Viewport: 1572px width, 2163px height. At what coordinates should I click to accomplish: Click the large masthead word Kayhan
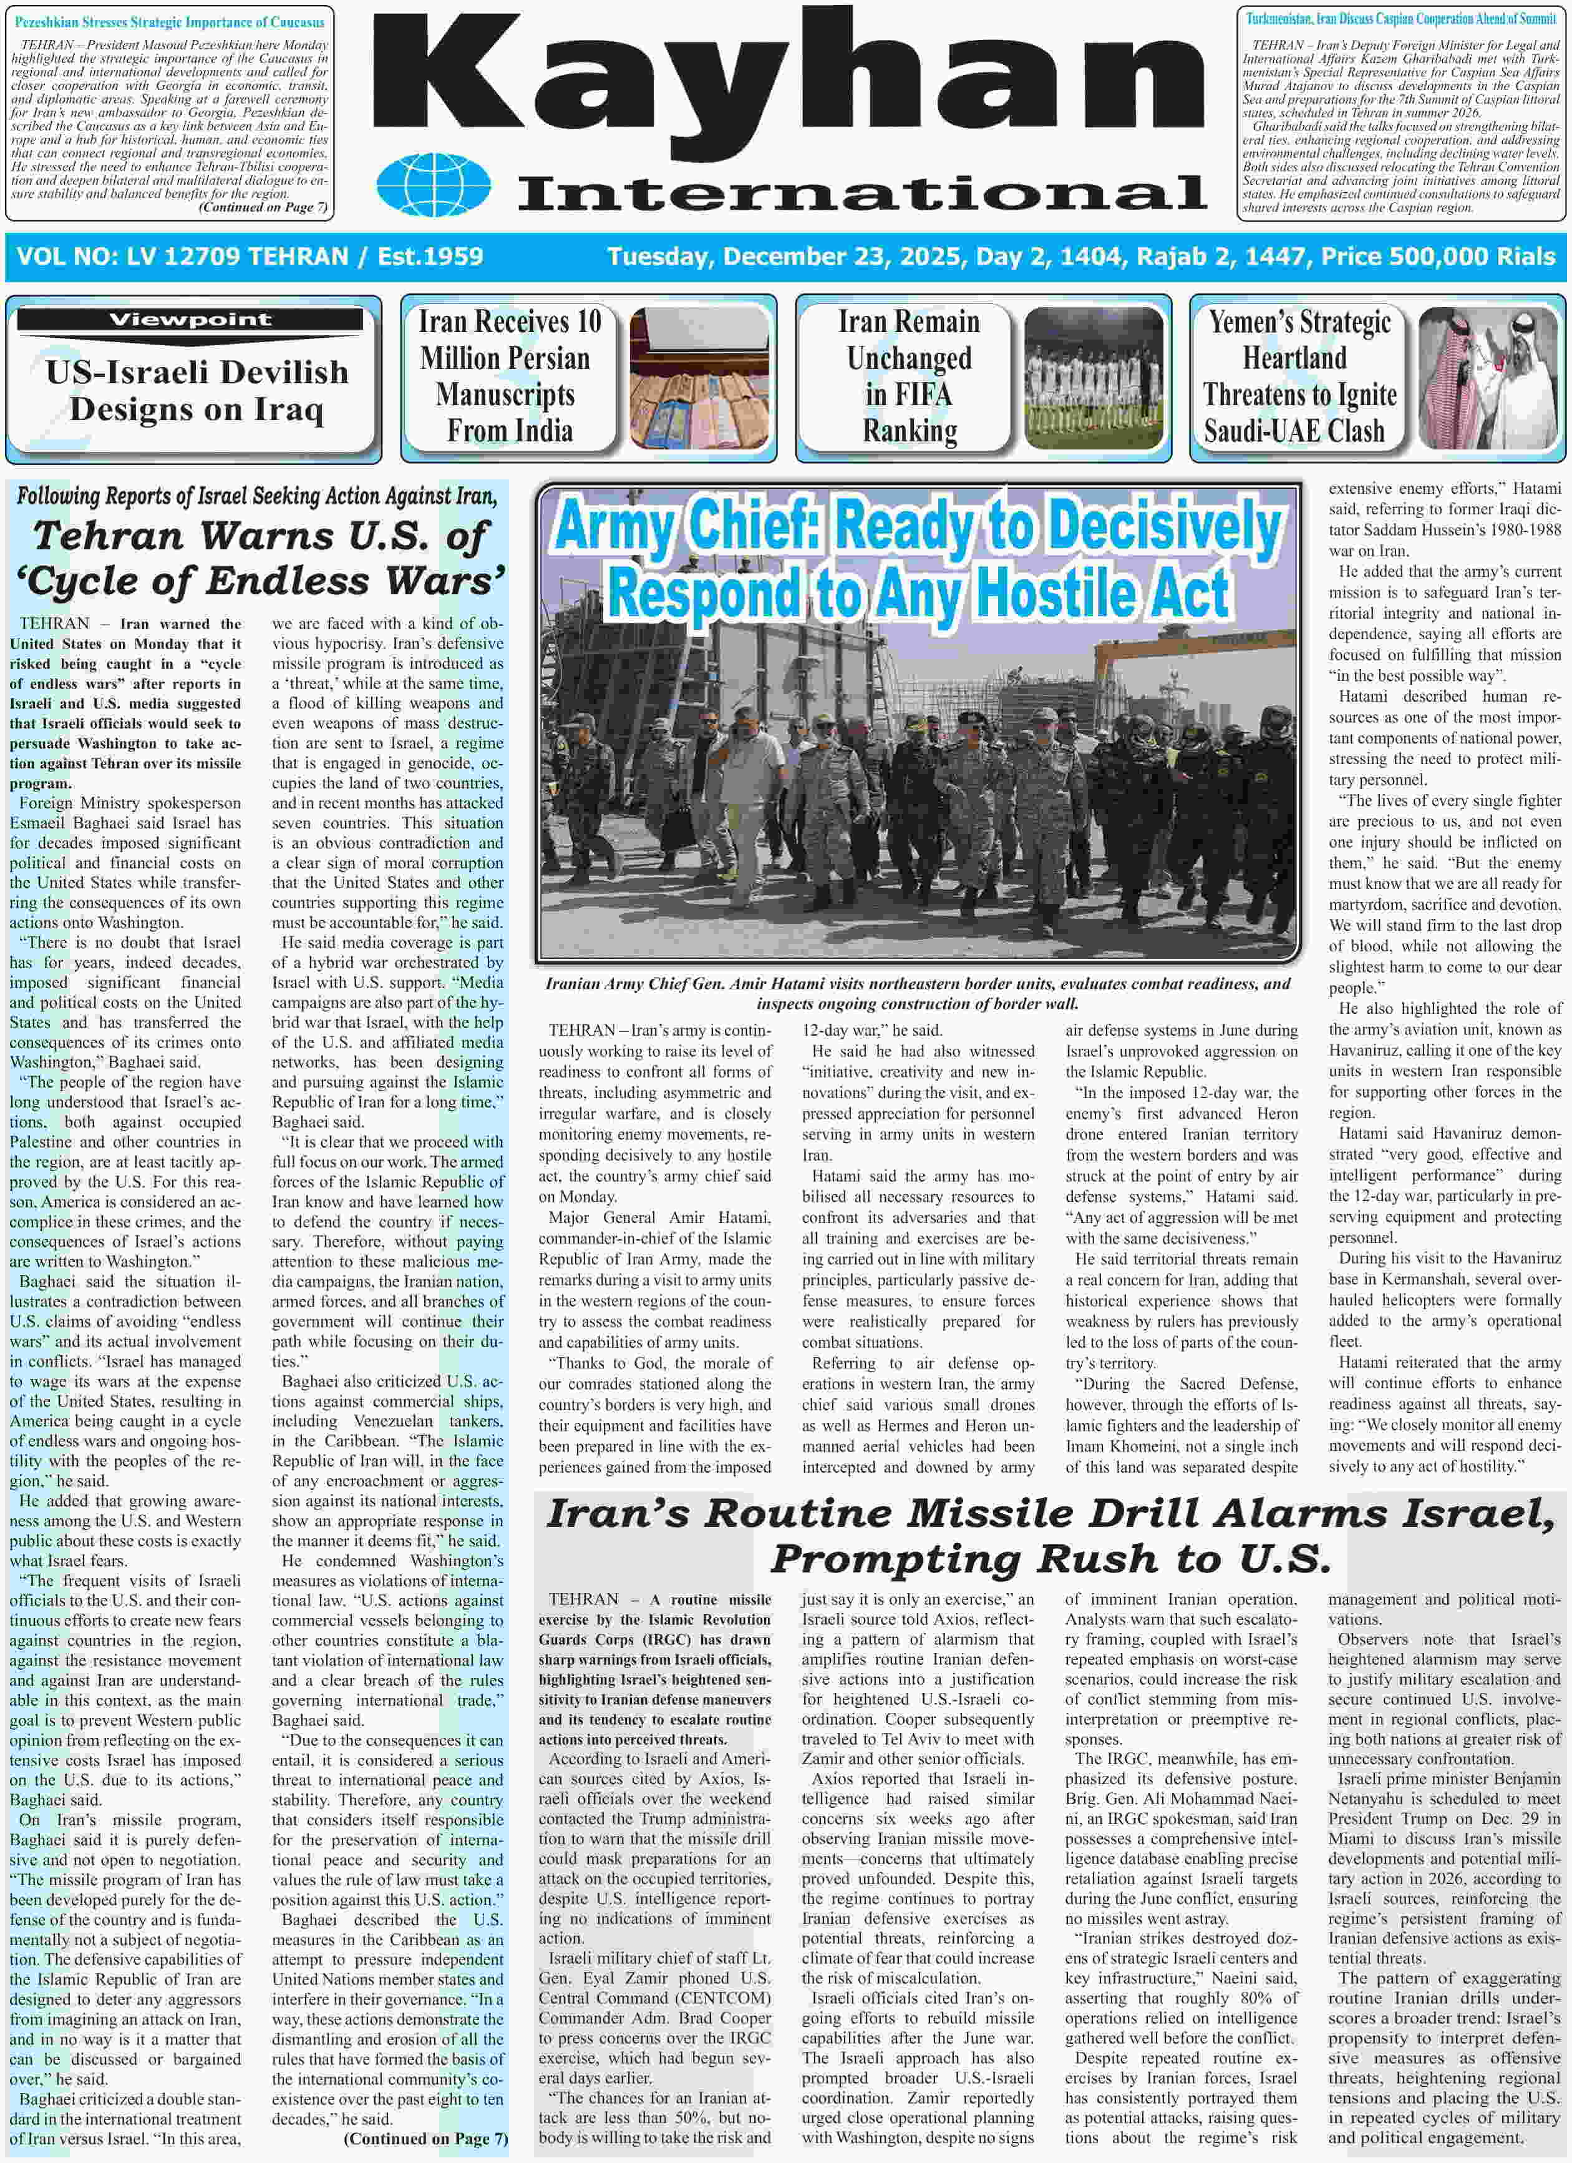click(787, 83)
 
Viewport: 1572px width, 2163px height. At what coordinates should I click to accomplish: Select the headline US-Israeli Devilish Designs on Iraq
click(196, 390)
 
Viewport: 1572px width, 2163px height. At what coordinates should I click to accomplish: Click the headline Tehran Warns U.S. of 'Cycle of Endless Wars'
click(260, 558)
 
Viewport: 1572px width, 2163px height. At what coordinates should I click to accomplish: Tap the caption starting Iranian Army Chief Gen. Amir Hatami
click(916, 993)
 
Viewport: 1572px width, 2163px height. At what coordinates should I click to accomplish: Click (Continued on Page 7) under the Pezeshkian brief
click(262, 207)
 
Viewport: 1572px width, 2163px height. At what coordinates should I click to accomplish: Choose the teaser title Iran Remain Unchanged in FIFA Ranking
click(908, 376)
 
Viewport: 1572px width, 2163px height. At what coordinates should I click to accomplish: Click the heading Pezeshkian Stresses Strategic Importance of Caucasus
click(170, 21)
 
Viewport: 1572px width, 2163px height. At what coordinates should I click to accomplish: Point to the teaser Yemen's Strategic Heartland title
click(1298, 376)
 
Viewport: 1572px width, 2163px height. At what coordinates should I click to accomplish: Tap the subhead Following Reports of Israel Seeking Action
click(256, 496)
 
